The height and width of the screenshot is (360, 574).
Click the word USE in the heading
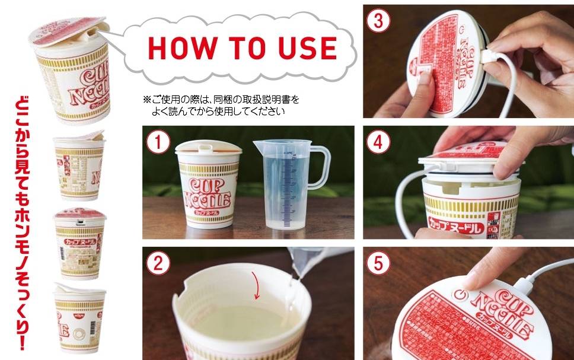[x=305, y=47]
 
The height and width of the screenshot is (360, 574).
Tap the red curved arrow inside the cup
[x=256, y=283]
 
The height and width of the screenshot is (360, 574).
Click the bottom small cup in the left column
[x=79, y=317]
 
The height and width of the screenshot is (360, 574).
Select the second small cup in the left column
[x=79, y=165]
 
